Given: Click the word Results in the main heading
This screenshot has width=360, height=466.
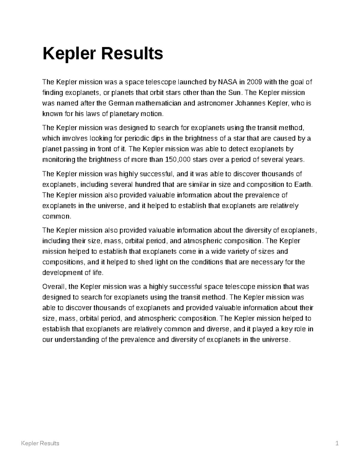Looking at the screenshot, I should click(x=132, y=54).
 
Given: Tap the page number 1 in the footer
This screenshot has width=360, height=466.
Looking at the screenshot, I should click(x=337, y=443).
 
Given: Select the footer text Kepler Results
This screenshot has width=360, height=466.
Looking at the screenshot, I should click(x=40, y=443).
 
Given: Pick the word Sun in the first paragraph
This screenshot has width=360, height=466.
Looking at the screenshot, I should click(x=234, y=93).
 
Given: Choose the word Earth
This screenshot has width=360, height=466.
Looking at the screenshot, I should click(x=303, y=185).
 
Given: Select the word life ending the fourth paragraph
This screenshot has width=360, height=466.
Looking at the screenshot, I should click(x=97, y=273).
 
